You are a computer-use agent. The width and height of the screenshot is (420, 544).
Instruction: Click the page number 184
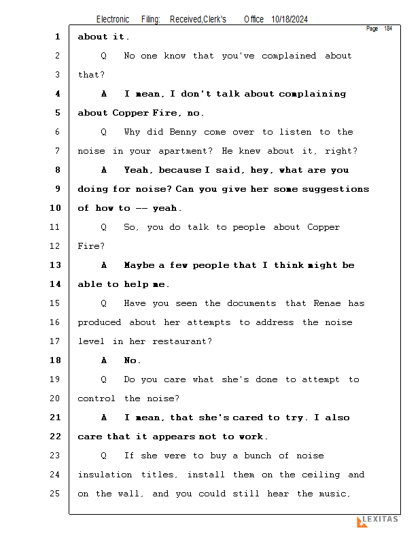tap(387, 29)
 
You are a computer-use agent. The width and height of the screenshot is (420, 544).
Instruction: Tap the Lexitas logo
tap(378, 521)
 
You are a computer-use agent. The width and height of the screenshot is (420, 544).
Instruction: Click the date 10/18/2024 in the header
tap(289, 20)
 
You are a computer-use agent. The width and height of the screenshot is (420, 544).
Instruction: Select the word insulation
tap(106, 475)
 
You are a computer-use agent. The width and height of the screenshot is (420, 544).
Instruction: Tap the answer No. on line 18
tap(133, 360)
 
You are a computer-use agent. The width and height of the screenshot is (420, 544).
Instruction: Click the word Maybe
tap(139, 265)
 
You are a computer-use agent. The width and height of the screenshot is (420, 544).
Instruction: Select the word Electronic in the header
tap(113, 20)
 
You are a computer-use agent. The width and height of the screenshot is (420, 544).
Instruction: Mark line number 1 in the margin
tap(58, 37)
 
